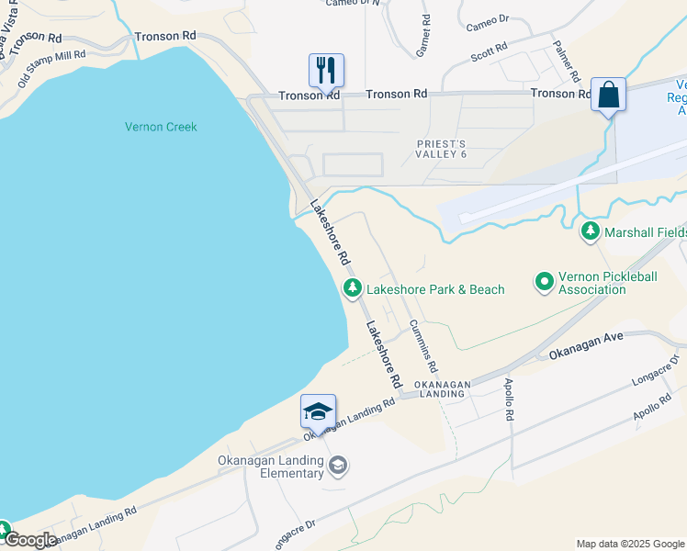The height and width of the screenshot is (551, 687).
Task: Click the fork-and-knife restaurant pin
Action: [x=326, y=70]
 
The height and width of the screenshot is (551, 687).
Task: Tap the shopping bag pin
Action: [x=608, y=94]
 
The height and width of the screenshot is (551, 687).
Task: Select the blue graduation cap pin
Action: [x=318, y=410]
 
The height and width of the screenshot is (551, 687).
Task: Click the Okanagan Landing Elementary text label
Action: [x=271, y=467]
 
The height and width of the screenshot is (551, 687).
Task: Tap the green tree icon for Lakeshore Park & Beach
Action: [x=352, y=288]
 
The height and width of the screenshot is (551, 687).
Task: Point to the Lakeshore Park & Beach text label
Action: [x=435, y=289]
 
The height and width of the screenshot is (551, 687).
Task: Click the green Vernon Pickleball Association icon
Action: [x=545, y=282]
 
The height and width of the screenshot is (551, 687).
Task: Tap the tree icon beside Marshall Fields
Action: [x=591, y=232]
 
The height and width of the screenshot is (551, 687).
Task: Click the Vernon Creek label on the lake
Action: [x=161, y=127]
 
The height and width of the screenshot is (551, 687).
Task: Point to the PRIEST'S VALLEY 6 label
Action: [x=443, y=149]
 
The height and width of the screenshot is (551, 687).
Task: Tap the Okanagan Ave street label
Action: [x=586, y=345]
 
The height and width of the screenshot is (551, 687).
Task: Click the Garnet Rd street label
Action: [x=422, y=36]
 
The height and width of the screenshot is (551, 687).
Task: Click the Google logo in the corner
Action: [x=29, y=540]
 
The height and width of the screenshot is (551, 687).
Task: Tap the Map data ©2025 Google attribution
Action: [x=629, y=544]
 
